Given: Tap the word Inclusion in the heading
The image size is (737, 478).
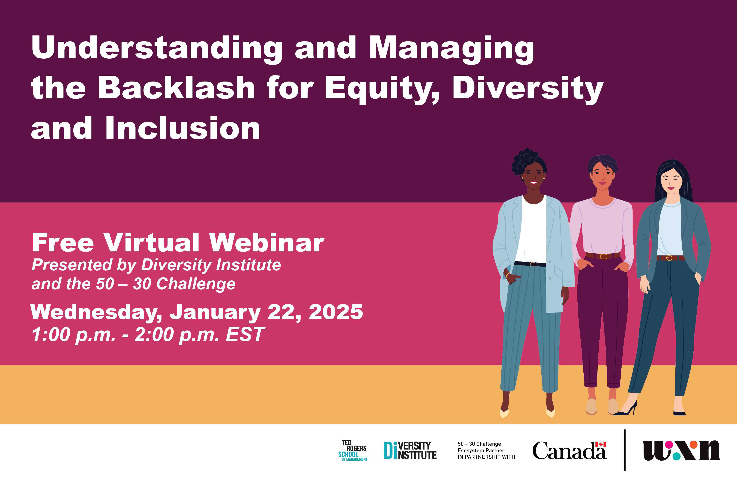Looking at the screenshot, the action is tap(183, 128).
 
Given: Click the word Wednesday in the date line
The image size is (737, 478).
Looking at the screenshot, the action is tap(96, 313).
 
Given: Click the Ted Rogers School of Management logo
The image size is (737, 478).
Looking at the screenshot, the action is tap(353, 451).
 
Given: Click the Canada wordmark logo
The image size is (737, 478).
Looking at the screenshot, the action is tap(569, 451).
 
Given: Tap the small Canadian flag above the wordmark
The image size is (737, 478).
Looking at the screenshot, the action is tap(601, 444).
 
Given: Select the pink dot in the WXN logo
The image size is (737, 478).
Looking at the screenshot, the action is tap(669, 445).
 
